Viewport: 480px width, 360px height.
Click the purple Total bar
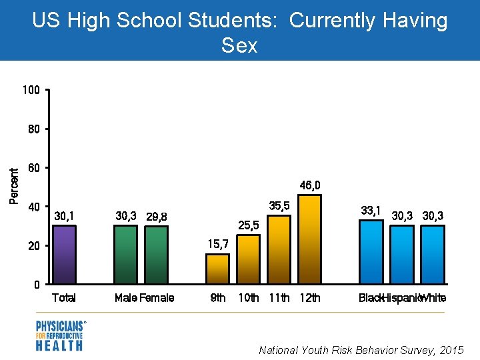click(64, 255)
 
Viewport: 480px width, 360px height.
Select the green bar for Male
click(125, 255)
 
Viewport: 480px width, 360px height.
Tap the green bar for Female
click(157, 255)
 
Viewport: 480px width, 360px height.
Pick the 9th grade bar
click(217, 269)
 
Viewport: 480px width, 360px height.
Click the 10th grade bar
click(249, 259)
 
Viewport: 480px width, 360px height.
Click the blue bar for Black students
click(371, 252)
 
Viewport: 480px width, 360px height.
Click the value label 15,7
click(219, 244)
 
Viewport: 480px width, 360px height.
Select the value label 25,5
click(248, 226)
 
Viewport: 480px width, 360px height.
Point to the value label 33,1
click(371, 211)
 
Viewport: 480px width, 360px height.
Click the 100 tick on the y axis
click(33, 90)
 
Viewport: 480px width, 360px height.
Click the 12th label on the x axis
click(310, 298)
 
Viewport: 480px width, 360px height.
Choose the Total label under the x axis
click(64, 298)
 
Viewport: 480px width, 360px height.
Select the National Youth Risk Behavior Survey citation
click(361, 350)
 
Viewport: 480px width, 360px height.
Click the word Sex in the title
click(239, 45)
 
